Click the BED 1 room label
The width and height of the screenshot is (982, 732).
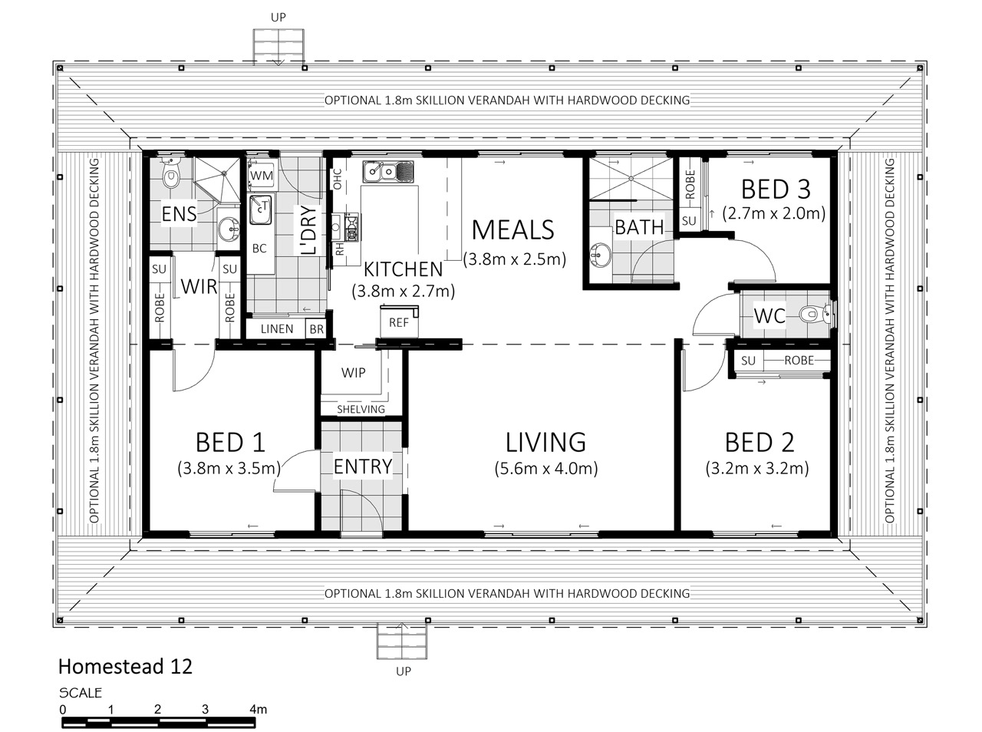[x=230, y=442]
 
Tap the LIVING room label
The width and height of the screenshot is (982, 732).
[x=545, y=442]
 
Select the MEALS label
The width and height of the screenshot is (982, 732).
[x=512, y=230]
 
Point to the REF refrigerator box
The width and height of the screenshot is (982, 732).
[x=399, y=321]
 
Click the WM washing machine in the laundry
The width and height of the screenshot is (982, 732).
[x=262, y=175]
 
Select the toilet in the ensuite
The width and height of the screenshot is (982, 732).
[x=170, y=174]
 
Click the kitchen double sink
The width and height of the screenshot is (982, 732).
[x=388, y=171]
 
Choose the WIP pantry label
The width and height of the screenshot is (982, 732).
[x=353, y=373]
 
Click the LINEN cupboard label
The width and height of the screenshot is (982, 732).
[x=277, y=329]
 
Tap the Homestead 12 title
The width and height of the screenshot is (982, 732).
[x=125, y=667]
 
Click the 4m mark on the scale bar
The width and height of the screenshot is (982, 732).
[x=258, y=709]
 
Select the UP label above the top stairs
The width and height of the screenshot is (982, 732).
[x=278, y=18]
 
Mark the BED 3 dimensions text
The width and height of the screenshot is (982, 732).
[x=774, y=213]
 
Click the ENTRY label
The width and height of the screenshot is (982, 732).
[x=363, y=467]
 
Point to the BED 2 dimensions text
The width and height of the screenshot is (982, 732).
[x=757, y=469]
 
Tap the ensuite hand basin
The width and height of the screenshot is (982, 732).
[x=229, y=228]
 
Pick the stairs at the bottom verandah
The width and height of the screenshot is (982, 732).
[x=402, y=641]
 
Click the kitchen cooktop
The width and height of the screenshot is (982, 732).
[x=351, y=228]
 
